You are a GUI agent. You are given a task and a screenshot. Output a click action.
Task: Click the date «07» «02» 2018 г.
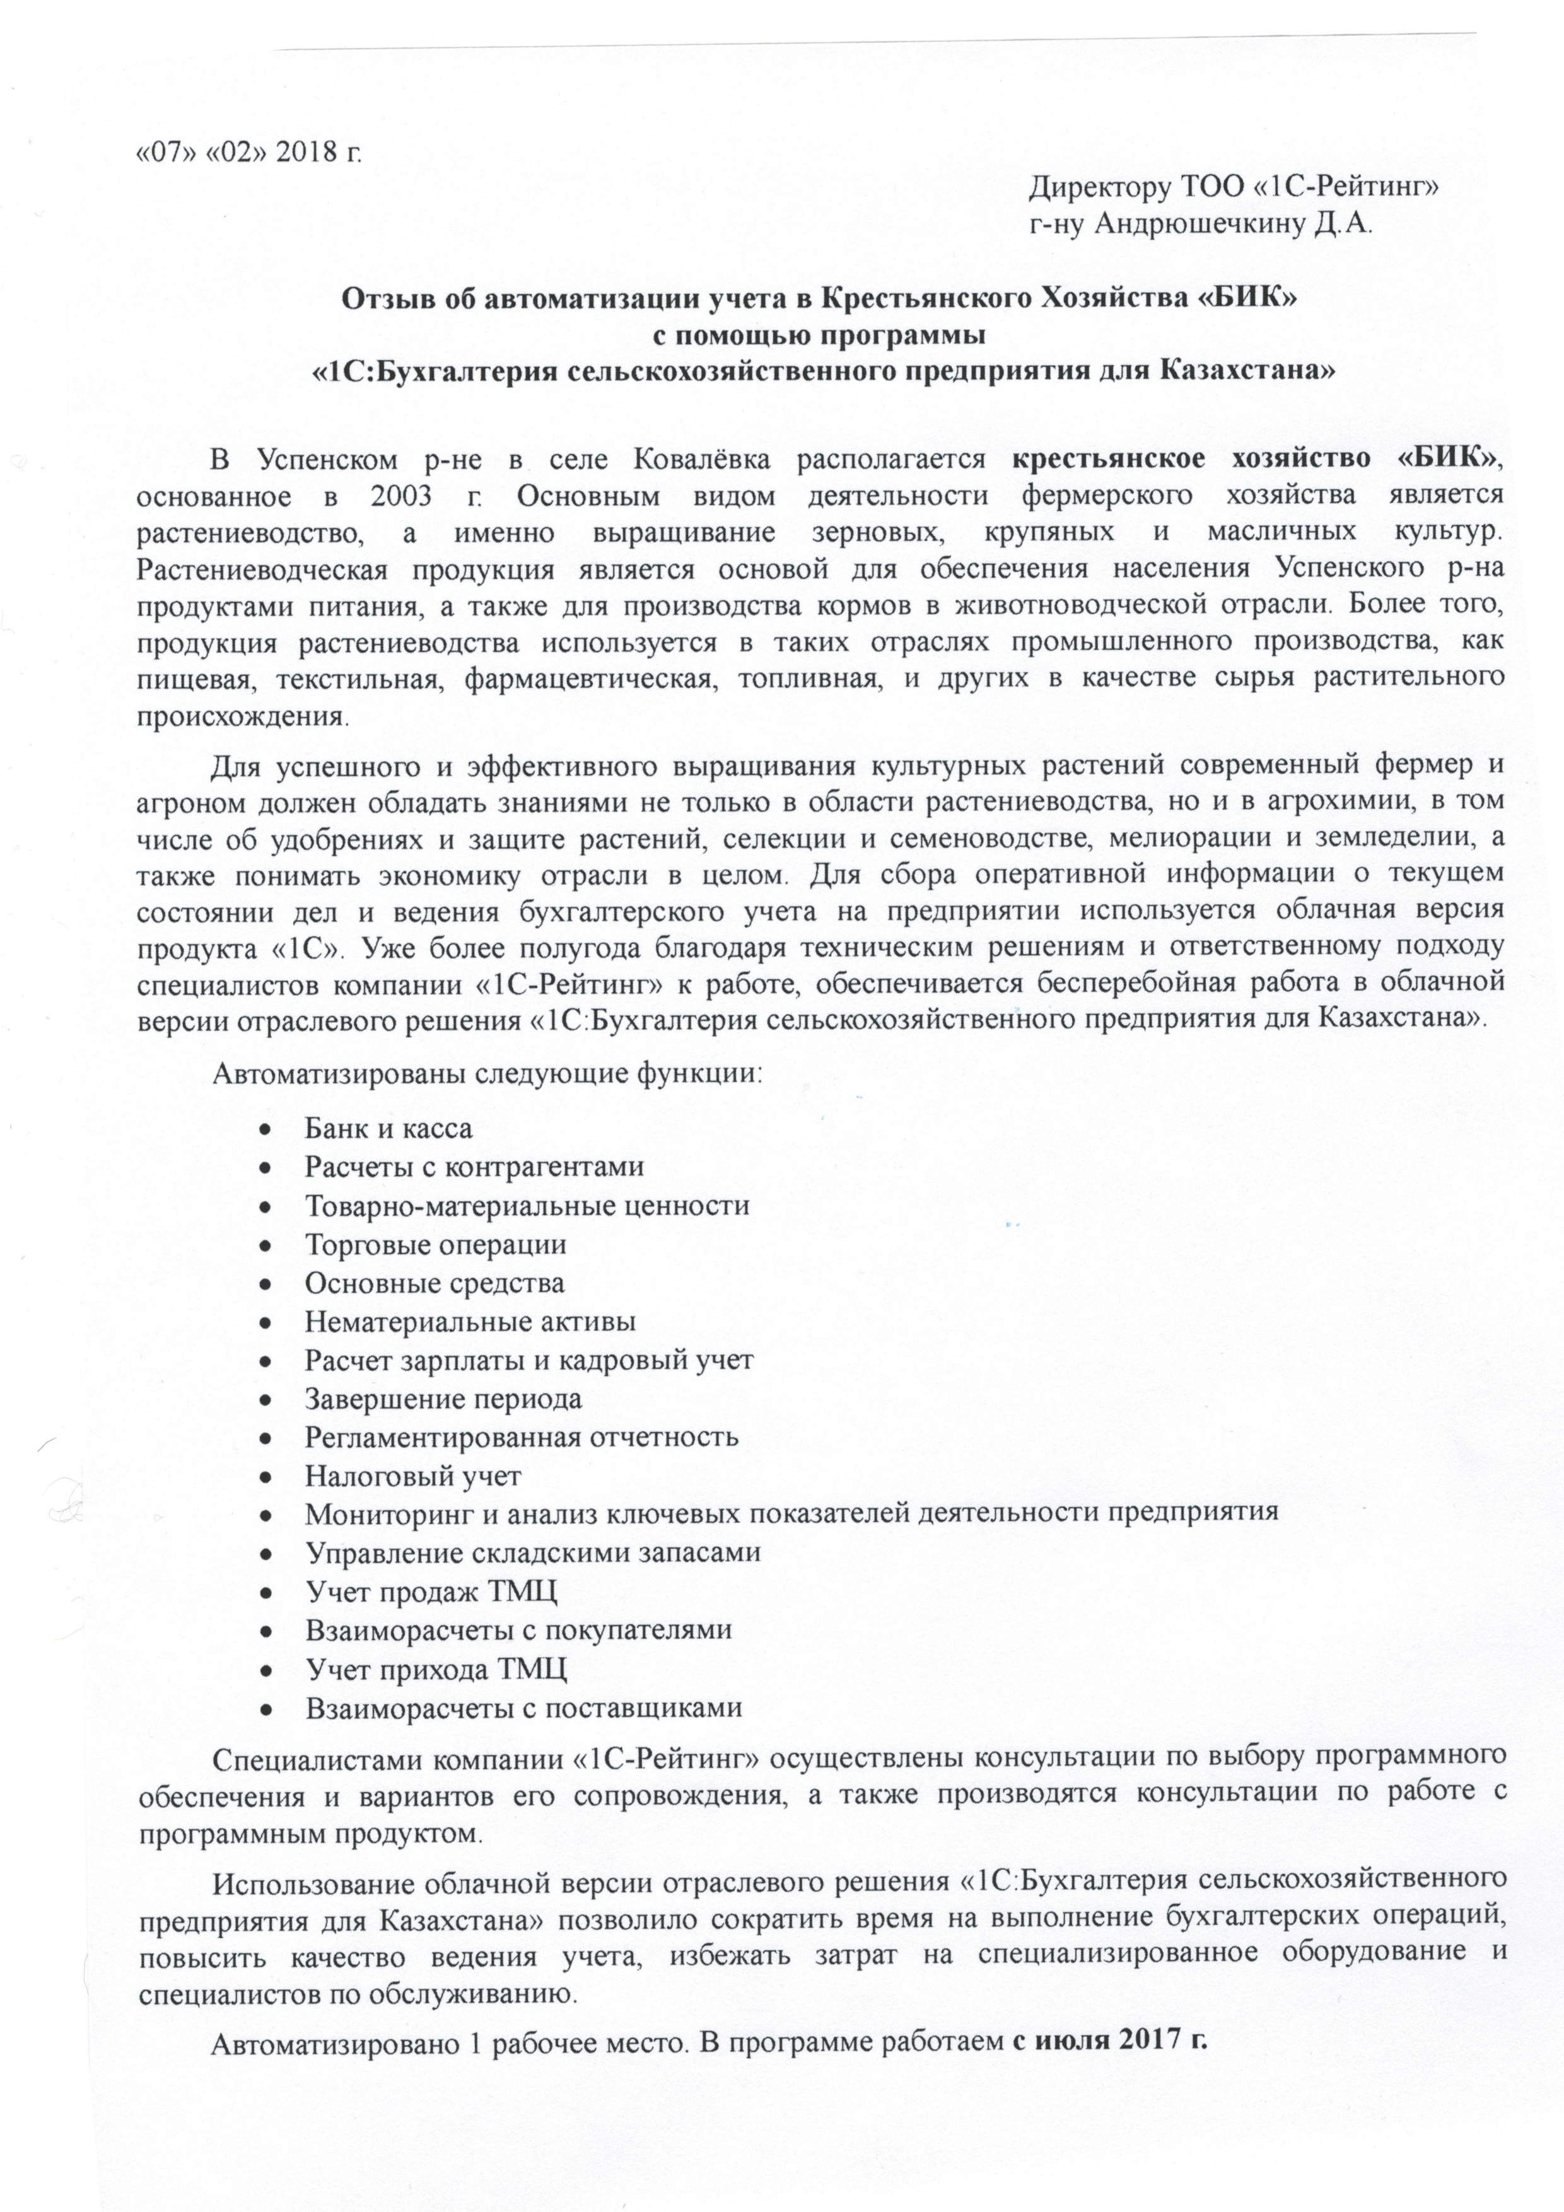(x=250, y=152)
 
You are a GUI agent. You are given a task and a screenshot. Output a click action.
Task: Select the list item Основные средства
(x=435, y=1283)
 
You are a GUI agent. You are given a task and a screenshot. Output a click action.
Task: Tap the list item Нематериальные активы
(x=470, y=1321)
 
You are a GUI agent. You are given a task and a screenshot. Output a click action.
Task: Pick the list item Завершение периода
(x=443, y=1398)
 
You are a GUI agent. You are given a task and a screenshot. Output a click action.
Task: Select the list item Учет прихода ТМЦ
(x=436, y=1668)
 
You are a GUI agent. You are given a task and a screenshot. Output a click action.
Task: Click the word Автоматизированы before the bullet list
(x=337, y=1073)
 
